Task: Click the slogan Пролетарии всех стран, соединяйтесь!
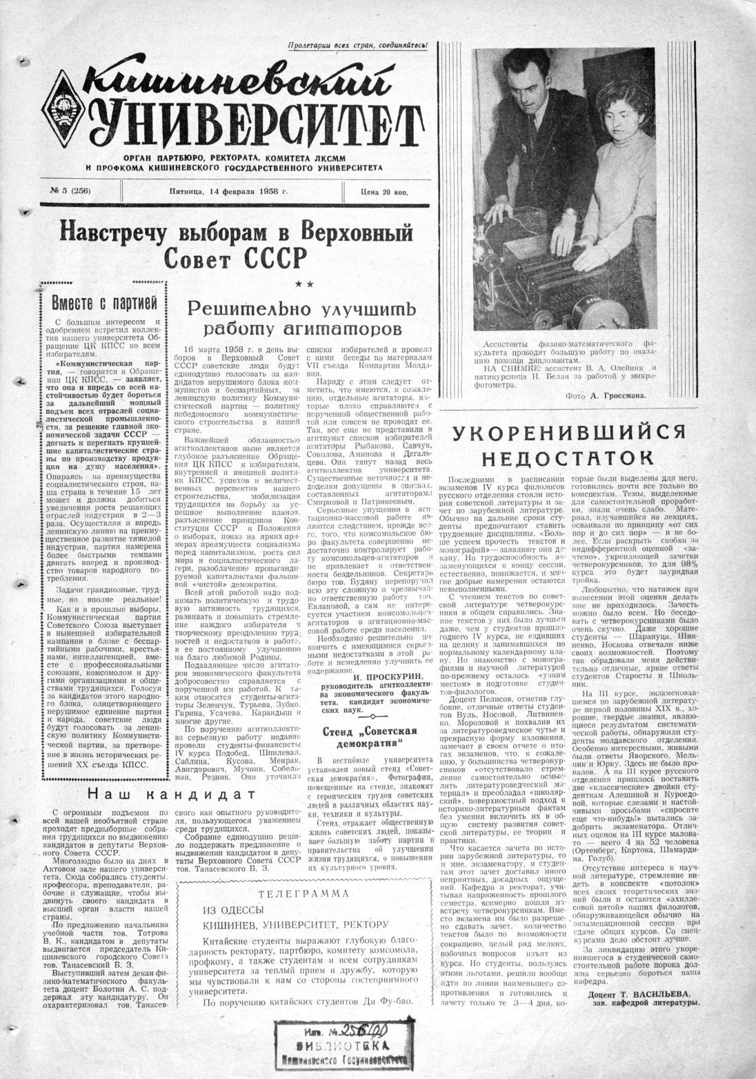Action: coord(357,46)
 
